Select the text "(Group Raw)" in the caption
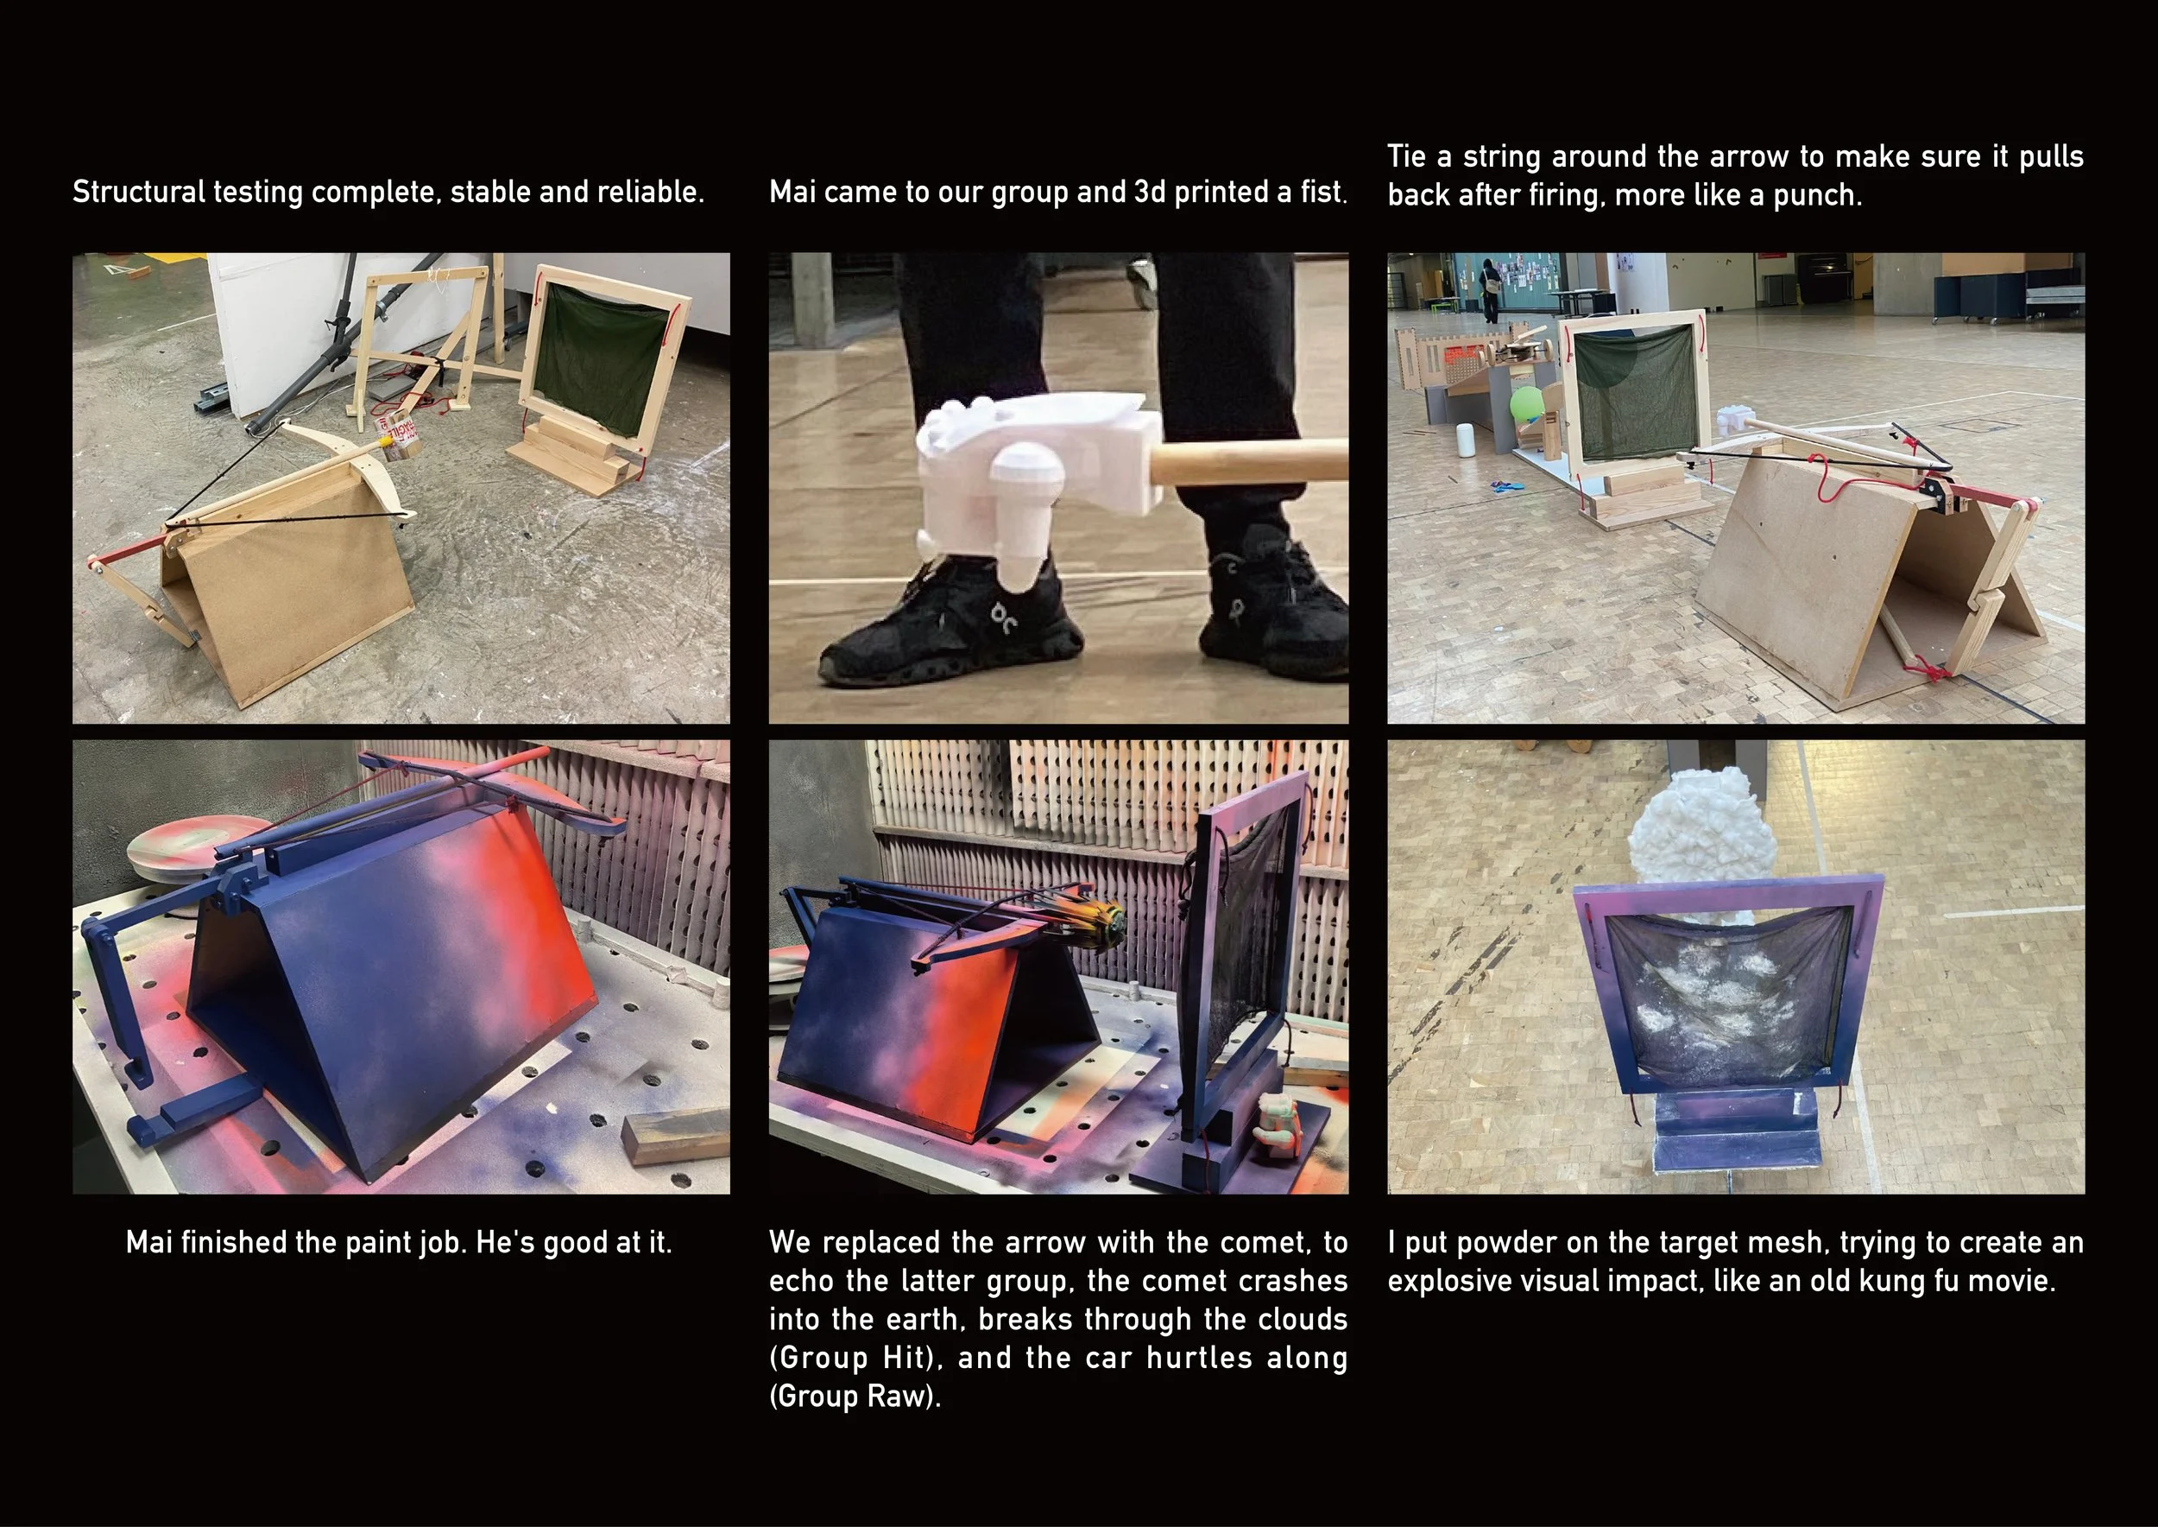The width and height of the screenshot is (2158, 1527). pos(855,1397)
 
